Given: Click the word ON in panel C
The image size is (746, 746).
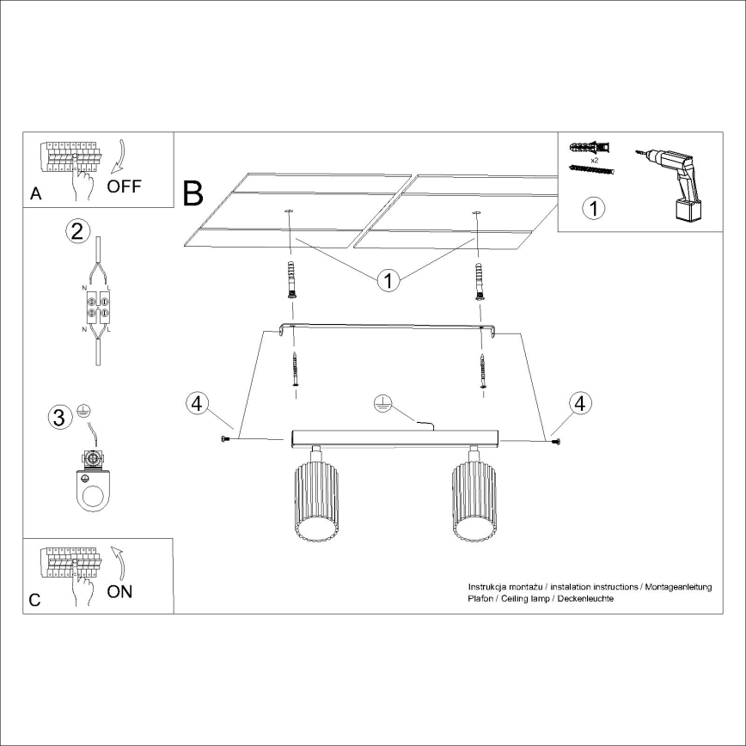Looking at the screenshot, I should click(x=120, y=592).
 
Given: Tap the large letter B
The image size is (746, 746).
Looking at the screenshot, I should click(x=193, y=193).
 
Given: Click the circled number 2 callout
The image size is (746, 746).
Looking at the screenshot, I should click(x=77, y=230).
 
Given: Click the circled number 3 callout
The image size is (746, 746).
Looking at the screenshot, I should click(x=58, y=418).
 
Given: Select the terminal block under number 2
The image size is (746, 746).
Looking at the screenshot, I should click(x=96, y=308).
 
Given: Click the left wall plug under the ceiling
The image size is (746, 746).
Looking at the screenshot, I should click(x=292, y=278).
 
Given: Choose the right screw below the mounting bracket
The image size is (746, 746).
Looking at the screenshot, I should click(x=483, y=370).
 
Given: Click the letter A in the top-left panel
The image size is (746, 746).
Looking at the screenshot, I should click(x=35, y=194).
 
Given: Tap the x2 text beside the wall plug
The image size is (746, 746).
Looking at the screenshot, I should click(x=595, y=160).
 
